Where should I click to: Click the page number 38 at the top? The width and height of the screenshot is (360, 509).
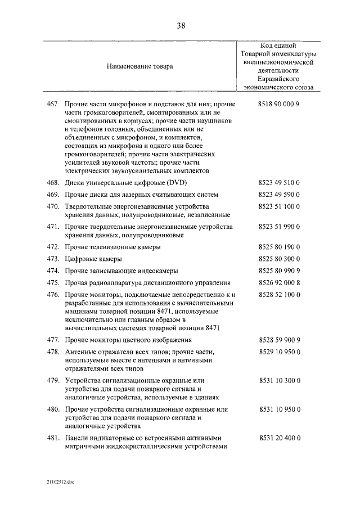tap(180, 26)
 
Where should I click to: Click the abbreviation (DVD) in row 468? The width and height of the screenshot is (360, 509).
tap(176, 183)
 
